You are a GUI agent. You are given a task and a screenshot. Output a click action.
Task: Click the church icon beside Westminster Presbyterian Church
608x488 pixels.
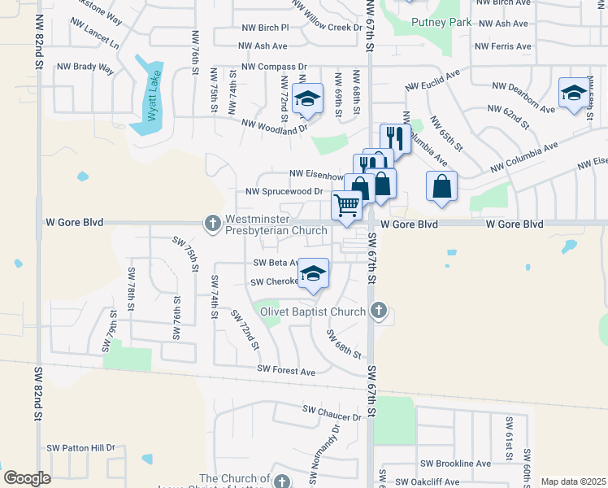[212, 223]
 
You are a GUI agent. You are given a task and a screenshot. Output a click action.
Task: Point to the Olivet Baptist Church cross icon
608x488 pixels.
[378, 310]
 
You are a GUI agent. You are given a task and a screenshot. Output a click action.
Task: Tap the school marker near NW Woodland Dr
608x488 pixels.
[307, 100]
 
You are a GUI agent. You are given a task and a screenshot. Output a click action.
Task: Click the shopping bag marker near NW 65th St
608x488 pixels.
[441, 185]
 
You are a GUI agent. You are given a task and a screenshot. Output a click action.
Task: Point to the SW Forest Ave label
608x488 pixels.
[286, 371]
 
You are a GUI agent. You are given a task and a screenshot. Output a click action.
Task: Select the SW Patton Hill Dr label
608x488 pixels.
[80, 447]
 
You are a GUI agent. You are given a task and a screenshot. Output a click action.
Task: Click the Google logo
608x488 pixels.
[27, 478]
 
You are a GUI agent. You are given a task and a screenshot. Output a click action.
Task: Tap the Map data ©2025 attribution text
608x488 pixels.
[572, 481]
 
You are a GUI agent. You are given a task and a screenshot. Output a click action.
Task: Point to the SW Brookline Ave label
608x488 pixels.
[455, 463]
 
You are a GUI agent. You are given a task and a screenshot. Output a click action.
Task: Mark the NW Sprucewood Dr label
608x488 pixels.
[279, 192]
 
